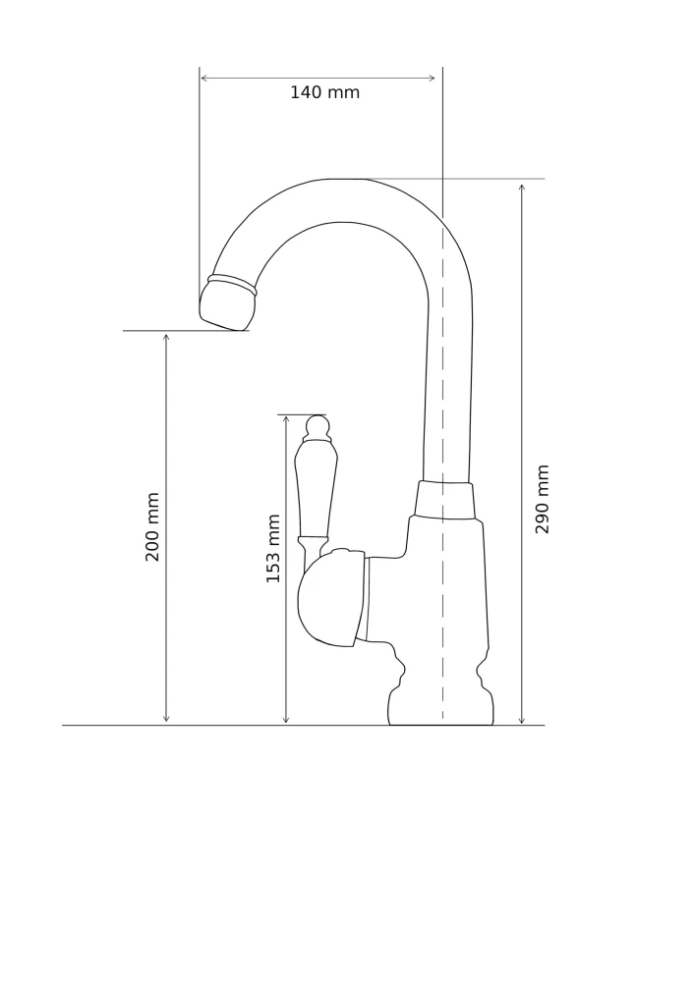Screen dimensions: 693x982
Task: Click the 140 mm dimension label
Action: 324,92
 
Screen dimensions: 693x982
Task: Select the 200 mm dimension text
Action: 152,526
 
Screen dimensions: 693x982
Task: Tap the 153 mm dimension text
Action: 273,549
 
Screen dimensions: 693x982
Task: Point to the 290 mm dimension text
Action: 542,499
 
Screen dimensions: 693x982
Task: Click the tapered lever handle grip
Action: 316,488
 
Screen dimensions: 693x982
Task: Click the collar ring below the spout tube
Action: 444,500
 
